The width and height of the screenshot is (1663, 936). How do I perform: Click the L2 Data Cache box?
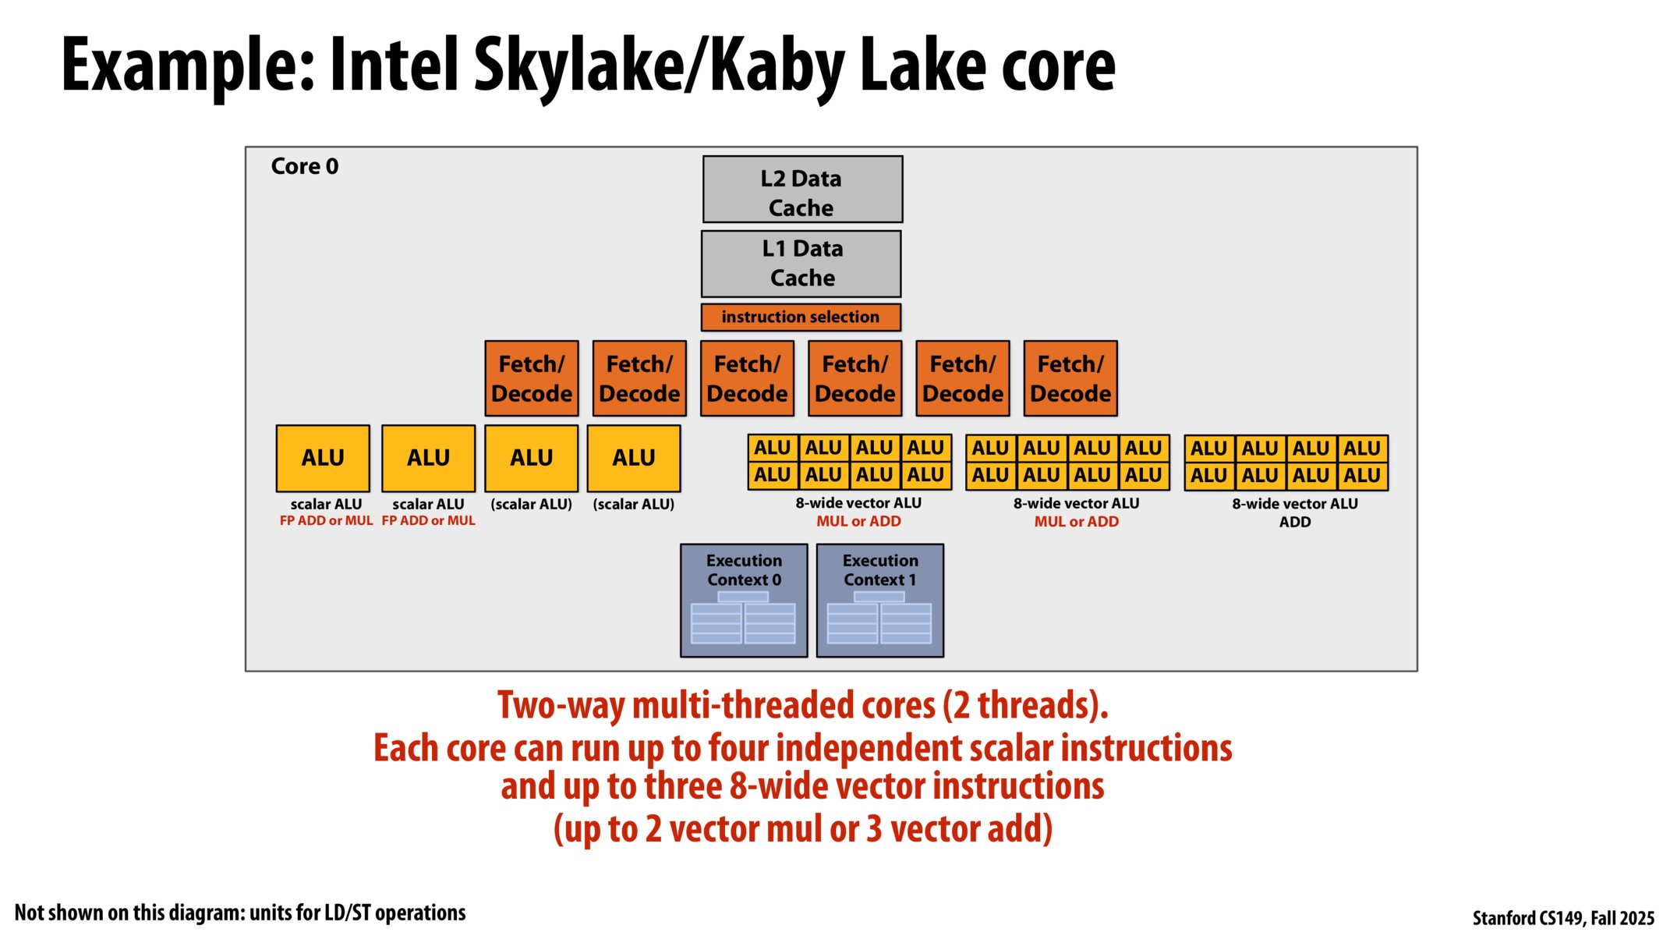coord(802,190)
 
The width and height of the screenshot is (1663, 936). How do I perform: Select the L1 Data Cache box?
coord(801,264)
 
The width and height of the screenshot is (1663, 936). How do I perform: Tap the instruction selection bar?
coord(801,317)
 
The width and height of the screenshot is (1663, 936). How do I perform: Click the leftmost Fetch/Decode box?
coord(532,378)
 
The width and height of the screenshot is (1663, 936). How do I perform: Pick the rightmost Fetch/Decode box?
coord(1070,378)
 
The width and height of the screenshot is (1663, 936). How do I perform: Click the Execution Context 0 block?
coord(744,600)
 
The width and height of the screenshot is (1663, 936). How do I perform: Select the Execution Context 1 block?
coord(879,600)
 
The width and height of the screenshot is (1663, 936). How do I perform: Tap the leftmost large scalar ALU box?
coord(323,458)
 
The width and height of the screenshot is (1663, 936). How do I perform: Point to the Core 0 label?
coord(305,166)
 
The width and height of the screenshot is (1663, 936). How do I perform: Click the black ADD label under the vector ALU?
coord(1295,522)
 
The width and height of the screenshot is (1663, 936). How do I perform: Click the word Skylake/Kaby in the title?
coord(658,66)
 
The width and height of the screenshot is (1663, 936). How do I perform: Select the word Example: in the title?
coord(188,66)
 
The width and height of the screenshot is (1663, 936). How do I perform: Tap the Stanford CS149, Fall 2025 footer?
coord(1562,918)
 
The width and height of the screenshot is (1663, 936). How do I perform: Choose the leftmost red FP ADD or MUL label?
coord(326,521)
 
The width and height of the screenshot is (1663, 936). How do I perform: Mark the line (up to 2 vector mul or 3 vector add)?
coord(803,828)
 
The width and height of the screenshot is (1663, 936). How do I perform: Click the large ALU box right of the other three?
coord(633,458)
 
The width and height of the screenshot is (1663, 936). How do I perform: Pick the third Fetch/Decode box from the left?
coord(747,378)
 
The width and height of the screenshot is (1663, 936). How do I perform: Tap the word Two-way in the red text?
coord(562,705)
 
